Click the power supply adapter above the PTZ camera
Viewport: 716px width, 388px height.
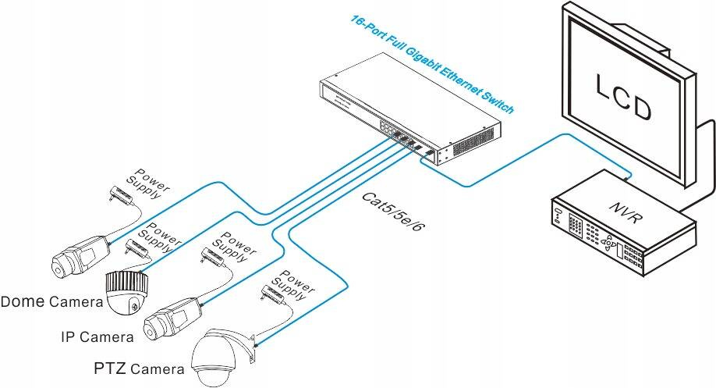pos(273,295)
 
